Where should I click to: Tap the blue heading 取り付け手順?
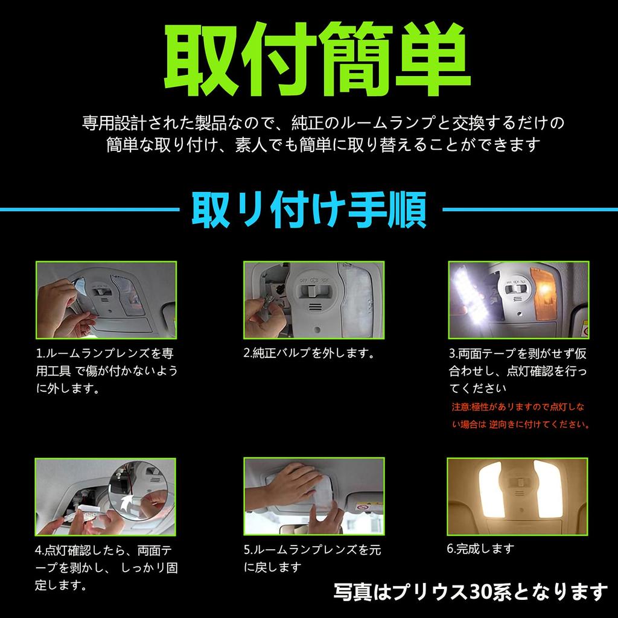click(309, 210)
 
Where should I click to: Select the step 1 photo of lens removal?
click(106, 299)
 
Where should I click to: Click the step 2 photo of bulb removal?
click(313, 299)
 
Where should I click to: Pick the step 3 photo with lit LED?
click(518, 299)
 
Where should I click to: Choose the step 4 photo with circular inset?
click(106, 496)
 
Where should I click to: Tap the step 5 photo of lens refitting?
click(313, 496)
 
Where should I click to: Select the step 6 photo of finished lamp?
click(518, 496)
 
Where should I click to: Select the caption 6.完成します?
click(480, 549)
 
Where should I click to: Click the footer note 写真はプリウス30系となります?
click(470, 591)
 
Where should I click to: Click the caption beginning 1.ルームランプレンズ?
click(106, 370)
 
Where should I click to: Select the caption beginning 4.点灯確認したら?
click(106, 567)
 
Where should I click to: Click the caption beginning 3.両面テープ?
click(518, 370)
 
